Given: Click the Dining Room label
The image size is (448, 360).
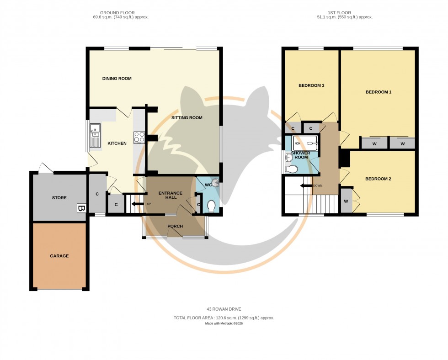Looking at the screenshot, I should (x=117, y=79).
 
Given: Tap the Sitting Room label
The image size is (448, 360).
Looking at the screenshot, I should (x=187, y=118).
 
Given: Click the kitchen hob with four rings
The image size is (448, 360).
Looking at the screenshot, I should (x=139, y=137).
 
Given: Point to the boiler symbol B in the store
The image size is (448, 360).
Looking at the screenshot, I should (x=81, y=208).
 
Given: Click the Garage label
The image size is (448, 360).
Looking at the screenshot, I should (x=59, y=256).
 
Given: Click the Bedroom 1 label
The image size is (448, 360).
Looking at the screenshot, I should (x=378, y=92).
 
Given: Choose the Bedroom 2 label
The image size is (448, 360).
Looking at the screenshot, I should (x=378, y=179).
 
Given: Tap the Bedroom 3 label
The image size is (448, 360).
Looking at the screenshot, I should (x=311, y=85).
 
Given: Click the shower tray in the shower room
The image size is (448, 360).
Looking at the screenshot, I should (x=304, y=142).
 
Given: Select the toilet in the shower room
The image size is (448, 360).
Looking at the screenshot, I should (x=291, y=169).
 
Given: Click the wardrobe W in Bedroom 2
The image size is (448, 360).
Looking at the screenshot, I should (x=346, y=201).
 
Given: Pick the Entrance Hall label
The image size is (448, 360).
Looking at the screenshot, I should (x=171, y=196).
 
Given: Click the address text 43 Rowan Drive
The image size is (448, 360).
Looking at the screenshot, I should (x=224, y=309).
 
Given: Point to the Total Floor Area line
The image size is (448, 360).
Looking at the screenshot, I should (x=224, y=318).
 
